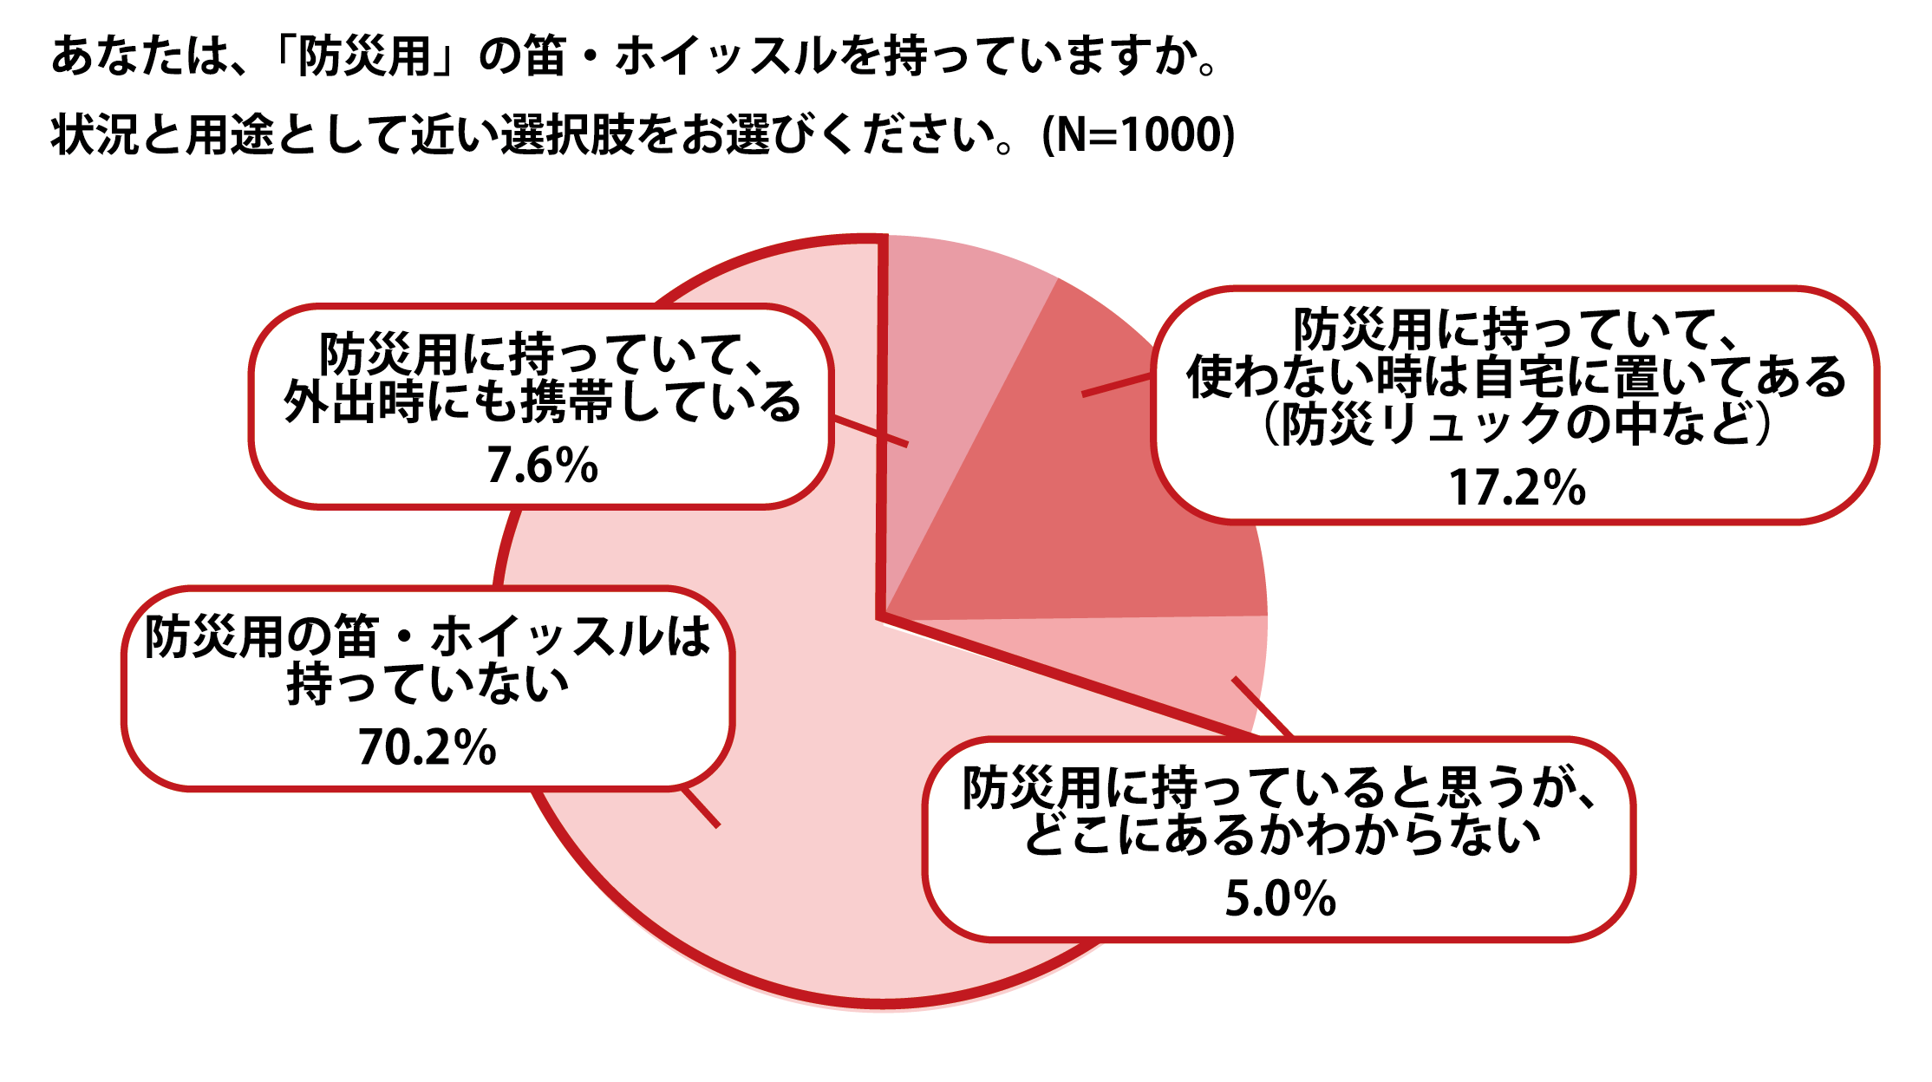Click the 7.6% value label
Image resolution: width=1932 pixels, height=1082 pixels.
(x=542, y=466)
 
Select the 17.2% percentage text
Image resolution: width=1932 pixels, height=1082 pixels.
(x=1517, y=487)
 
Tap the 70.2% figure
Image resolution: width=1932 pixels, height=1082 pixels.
(x=427, y=746)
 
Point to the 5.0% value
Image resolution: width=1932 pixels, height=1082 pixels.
(x=1280, y=898)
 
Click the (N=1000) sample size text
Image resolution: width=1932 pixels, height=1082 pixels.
(x=1137, y=135)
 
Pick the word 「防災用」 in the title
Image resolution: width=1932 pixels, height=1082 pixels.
(x=365, y=57)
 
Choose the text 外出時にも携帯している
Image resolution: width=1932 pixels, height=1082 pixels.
(x=542, y=403)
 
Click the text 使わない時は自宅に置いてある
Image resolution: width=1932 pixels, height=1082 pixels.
(x=1517, y=377)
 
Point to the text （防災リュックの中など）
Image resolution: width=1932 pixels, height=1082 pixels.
(x=1517, y=425)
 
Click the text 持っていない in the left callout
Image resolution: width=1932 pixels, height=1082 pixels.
(x=427, y=685)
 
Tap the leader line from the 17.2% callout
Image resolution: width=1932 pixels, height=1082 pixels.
(x=1117, y=386)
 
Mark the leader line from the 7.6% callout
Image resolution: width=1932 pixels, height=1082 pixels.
(x=870, y=433)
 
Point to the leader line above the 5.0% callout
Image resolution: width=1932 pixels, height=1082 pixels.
(x=1263, y=707)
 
